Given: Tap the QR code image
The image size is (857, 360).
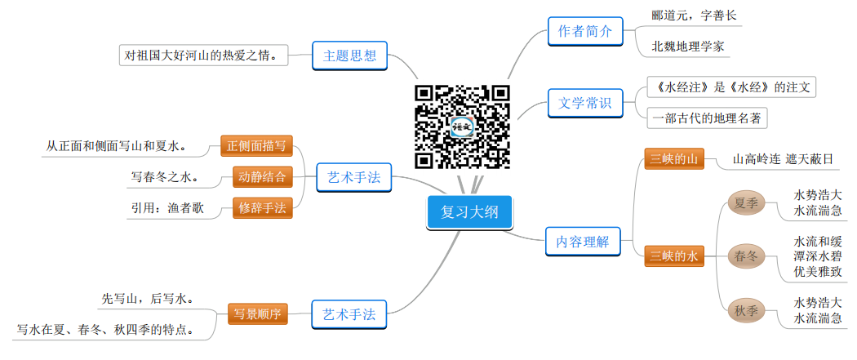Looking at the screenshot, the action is click(x=462, y=127).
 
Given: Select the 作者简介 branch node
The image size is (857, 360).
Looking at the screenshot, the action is click(x=585, y=32).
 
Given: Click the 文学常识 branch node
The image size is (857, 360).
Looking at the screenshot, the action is click(x=585, y=104).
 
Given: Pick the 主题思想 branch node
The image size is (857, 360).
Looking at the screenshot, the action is click(x=349, y=56).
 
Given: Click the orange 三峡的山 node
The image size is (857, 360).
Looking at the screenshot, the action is click(x=673, y=158).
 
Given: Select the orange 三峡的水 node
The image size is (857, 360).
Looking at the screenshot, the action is click(x=673, y=256).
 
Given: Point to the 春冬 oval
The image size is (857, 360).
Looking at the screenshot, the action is click(x=746, y=256).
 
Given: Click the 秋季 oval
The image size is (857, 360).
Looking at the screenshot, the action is click(x=746, y=311).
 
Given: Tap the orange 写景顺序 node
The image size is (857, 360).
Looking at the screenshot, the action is click(x=256, y=313).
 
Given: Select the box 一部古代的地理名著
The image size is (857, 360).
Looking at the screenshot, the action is click(x=707, y=118).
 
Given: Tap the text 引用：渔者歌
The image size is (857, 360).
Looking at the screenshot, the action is click(x=167, y=208).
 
